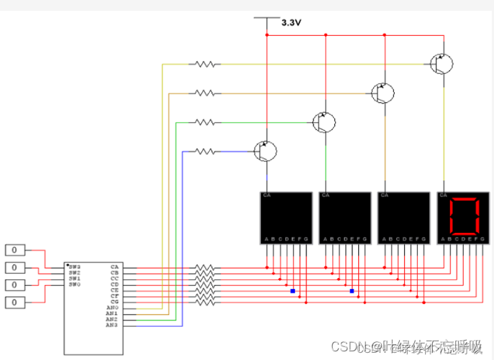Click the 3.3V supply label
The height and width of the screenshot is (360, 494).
pos(291,23)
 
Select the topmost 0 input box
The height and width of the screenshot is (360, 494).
pos(15,250)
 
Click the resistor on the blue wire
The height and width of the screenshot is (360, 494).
pos(205,151)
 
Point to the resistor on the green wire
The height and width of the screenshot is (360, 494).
pos(205,122)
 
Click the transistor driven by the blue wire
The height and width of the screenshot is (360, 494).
pos(265,150)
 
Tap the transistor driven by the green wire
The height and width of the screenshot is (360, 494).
pos(324,122)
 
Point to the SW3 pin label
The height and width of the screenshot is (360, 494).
pos(74,267)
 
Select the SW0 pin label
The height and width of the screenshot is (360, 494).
pos(74,285)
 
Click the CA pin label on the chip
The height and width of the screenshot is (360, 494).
pos(114,267)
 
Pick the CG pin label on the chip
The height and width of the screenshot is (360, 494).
pos(114,301)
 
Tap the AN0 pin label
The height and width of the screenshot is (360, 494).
pos(111,308)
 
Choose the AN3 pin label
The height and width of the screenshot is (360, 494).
pos(111,326)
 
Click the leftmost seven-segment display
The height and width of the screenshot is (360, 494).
pos(285,218)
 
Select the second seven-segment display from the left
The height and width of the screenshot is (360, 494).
pos(344,218)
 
